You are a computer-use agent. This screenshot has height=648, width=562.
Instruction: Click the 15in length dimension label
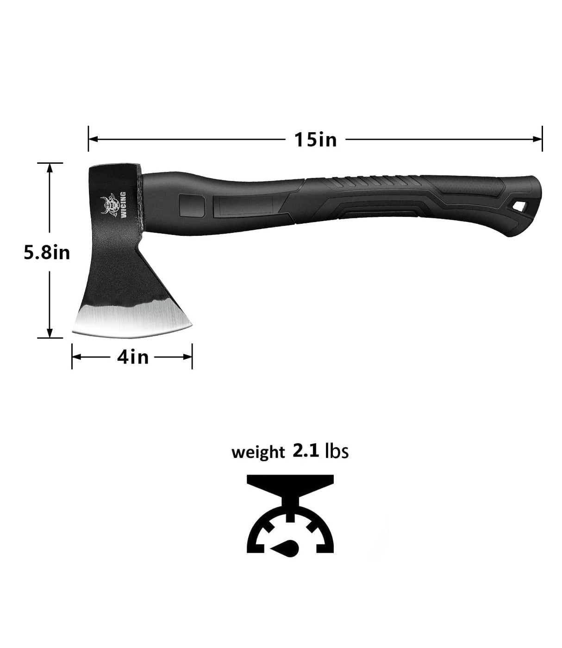click(x=315, y=139)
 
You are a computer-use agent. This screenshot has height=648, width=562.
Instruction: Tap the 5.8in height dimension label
click(x=47, y=253)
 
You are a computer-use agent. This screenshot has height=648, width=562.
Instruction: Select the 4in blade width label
click(x=133, y=357)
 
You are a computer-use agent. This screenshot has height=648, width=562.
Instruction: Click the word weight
click(x=257, y=452)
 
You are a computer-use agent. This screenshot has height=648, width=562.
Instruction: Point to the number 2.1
click(x=306, y=450)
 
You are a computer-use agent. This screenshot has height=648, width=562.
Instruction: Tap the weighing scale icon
click(x=290, y=514)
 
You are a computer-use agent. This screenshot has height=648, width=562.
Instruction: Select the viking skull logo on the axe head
click(x=110, y=204)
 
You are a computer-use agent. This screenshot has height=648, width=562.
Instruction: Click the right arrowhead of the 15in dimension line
click(x=538, y=138)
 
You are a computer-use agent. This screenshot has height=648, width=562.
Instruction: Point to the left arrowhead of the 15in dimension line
click(x=93, y=138)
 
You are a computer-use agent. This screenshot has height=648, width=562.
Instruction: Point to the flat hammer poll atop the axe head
click(x=114, y=168)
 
